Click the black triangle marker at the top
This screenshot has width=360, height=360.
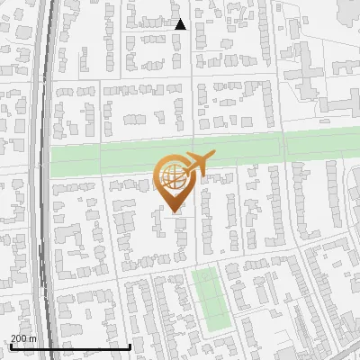pyautogui.click(x=180, y=24)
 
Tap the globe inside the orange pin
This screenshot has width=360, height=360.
pyautogui.click(x=173, y=174)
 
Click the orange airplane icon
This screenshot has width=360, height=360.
pyautogui.click(x=196, y=164)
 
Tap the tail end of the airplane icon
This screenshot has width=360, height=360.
pyautogui.click(x=183, y=170)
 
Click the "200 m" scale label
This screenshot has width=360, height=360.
pyautogui.click(x=22, y=338)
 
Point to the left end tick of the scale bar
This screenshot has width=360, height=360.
pyautogui.click(x=10, y=345)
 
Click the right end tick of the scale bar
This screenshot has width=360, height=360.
pyautogui.click(x=130, y=345)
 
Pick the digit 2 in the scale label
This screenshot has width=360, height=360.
pyautogui.click(x=13, y=338)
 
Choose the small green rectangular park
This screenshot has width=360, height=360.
pyautogui.click(x=210, y=298)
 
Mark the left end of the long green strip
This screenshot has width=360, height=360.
pyautogui.click(x=51, y=162)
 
